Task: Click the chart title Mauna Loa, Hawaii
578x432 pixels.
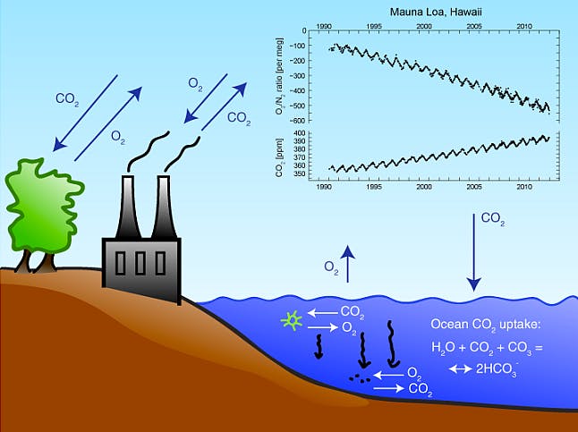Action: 436,12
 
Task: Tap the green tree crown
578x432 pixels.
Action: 44,206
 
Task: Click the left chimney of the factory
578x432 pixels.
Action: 128,208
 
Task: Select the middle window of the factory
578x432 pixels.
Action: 140,263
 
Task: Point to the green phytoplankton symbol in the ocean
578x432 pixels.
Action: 292,321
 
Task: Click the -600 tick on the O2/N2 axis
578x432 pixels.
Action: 298,121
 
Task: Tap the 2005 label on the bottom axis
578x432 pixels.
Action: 474,187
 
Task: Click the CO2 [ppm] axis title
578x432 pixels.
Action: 280,157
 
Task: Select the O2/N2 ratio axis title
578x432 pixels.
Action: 280,75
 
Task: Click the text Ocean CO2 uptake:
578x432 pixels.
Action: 486,325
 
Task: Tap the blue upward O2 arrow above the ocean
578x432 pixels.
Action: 348,264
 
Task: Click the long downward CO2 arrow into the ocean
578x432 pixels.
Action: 474,252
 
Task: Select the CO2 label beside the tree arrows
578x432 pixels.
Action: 67,99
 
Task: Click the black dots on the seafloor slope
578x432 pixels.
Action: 360,378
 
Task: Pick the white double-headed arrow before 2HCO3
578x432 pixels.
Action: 461,368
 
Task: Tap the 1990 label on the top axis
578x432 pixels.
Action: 324,26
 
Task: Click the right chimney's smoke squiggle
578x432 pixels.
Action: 183,154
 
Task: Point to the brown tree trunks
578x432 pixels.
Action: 36,262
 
